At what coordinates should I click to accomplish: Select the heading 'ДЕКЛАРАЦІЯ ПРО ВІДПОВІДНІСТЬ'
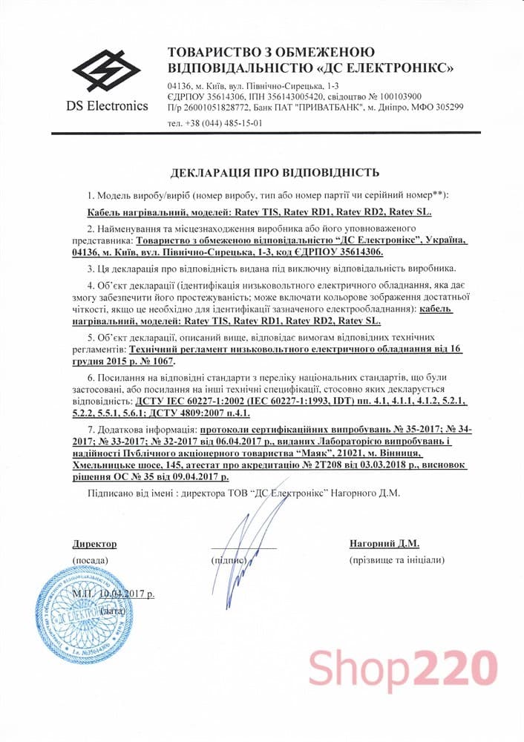tap(275, 173)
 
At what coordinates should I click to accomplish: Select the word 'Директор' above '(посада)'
tap(94, 544)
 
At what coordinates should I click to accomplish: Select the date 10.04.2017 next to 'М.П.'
tap(126, 594)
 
